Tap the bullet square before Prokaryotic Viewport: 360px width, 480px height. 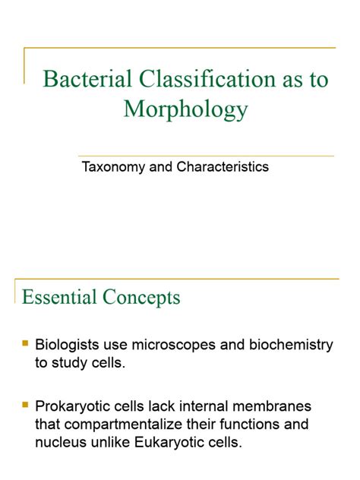pos(26,406)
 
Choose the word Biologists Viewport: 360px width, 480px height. pos(68,345)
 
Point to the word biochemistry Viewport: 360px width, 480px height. pos(288,345)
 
